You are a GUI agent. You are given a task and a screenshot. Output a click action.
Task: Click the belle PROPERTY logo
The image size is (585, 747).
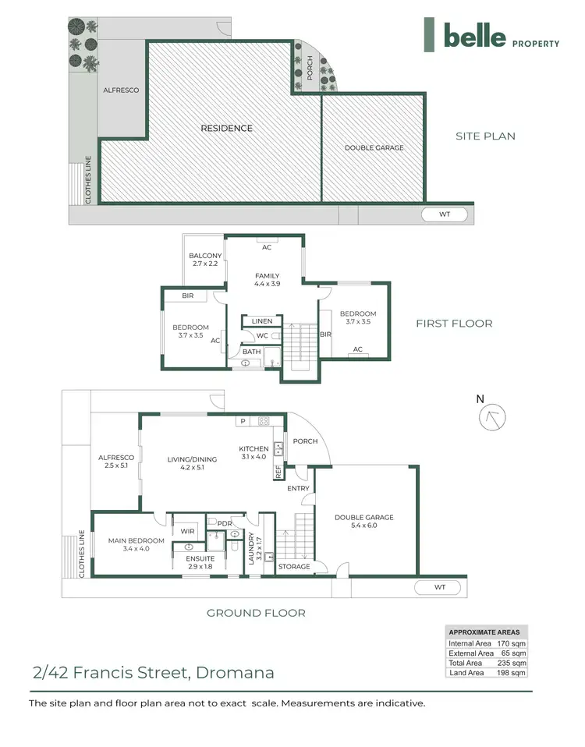pos(491,35)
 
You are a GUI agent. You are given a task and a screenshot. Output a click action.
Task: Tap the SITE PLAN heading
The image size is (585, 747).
pos(485,136)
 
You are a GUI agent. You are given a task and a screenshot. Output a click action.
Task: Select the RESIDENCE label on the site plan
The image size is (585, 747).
pos(226,128)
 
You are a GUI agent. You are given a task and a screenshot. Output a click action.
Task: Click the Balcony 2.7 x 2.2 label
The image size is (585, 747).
pos(206,260)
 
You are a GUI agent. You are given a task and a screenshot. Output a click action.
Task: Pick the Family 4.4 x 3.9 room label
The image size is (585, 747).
pos(267,280)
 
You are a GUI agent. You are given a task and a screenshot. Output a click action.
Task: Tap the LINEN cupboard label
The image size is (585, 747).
pos(261,321)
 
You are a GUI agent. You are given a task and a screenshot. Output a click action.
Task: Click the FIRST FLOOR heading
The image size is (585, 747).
pos(454,324)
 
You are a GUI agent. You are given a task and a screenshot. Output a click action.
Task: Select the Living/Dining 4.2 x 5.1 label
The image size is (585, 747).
pos(192,463)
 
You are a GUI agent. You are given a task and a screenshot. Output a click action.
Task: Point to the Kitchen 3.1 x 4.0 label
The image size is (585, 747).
pos(253,452)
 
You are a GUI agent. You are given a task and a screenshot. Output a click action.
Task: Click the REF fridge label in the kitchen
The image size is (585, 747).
pos(277,471)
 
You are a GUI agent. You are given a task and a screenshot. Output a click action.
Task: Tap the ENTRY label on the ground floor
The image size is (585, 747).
pos(299,488)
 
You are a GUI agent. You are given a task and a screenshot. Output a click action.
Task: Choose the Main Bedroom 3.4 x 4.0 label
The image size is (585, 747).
pos(136,544)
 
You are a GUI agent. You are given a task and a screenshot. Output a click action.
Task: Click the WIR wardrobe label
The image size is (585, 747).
pos(187,531)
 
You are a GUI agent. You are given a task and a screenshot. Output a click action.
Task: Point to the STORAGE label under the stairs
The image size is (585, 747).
pos(295,567)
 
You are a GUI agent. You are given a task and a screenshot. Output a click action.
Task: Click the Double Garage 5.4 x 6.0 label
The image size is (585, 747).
pos(363,522)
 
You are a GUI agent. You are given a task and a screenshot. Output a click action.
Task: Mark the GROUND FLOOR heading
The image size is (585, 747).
pos(255,613)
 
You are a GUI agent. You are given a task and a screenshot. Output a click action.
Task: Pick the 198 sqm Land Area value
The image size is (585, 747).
pos(512,673)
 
